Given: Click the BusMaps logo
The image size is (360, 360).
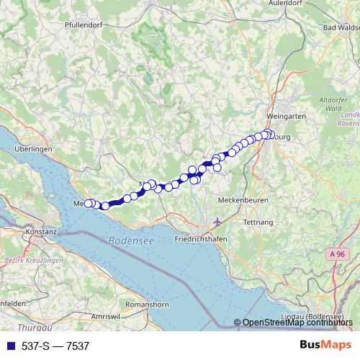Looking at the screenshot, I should (x=326, y=346).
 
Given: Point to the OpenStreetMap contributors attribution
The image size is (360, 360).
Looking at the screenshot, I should (x=297, y=323).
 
